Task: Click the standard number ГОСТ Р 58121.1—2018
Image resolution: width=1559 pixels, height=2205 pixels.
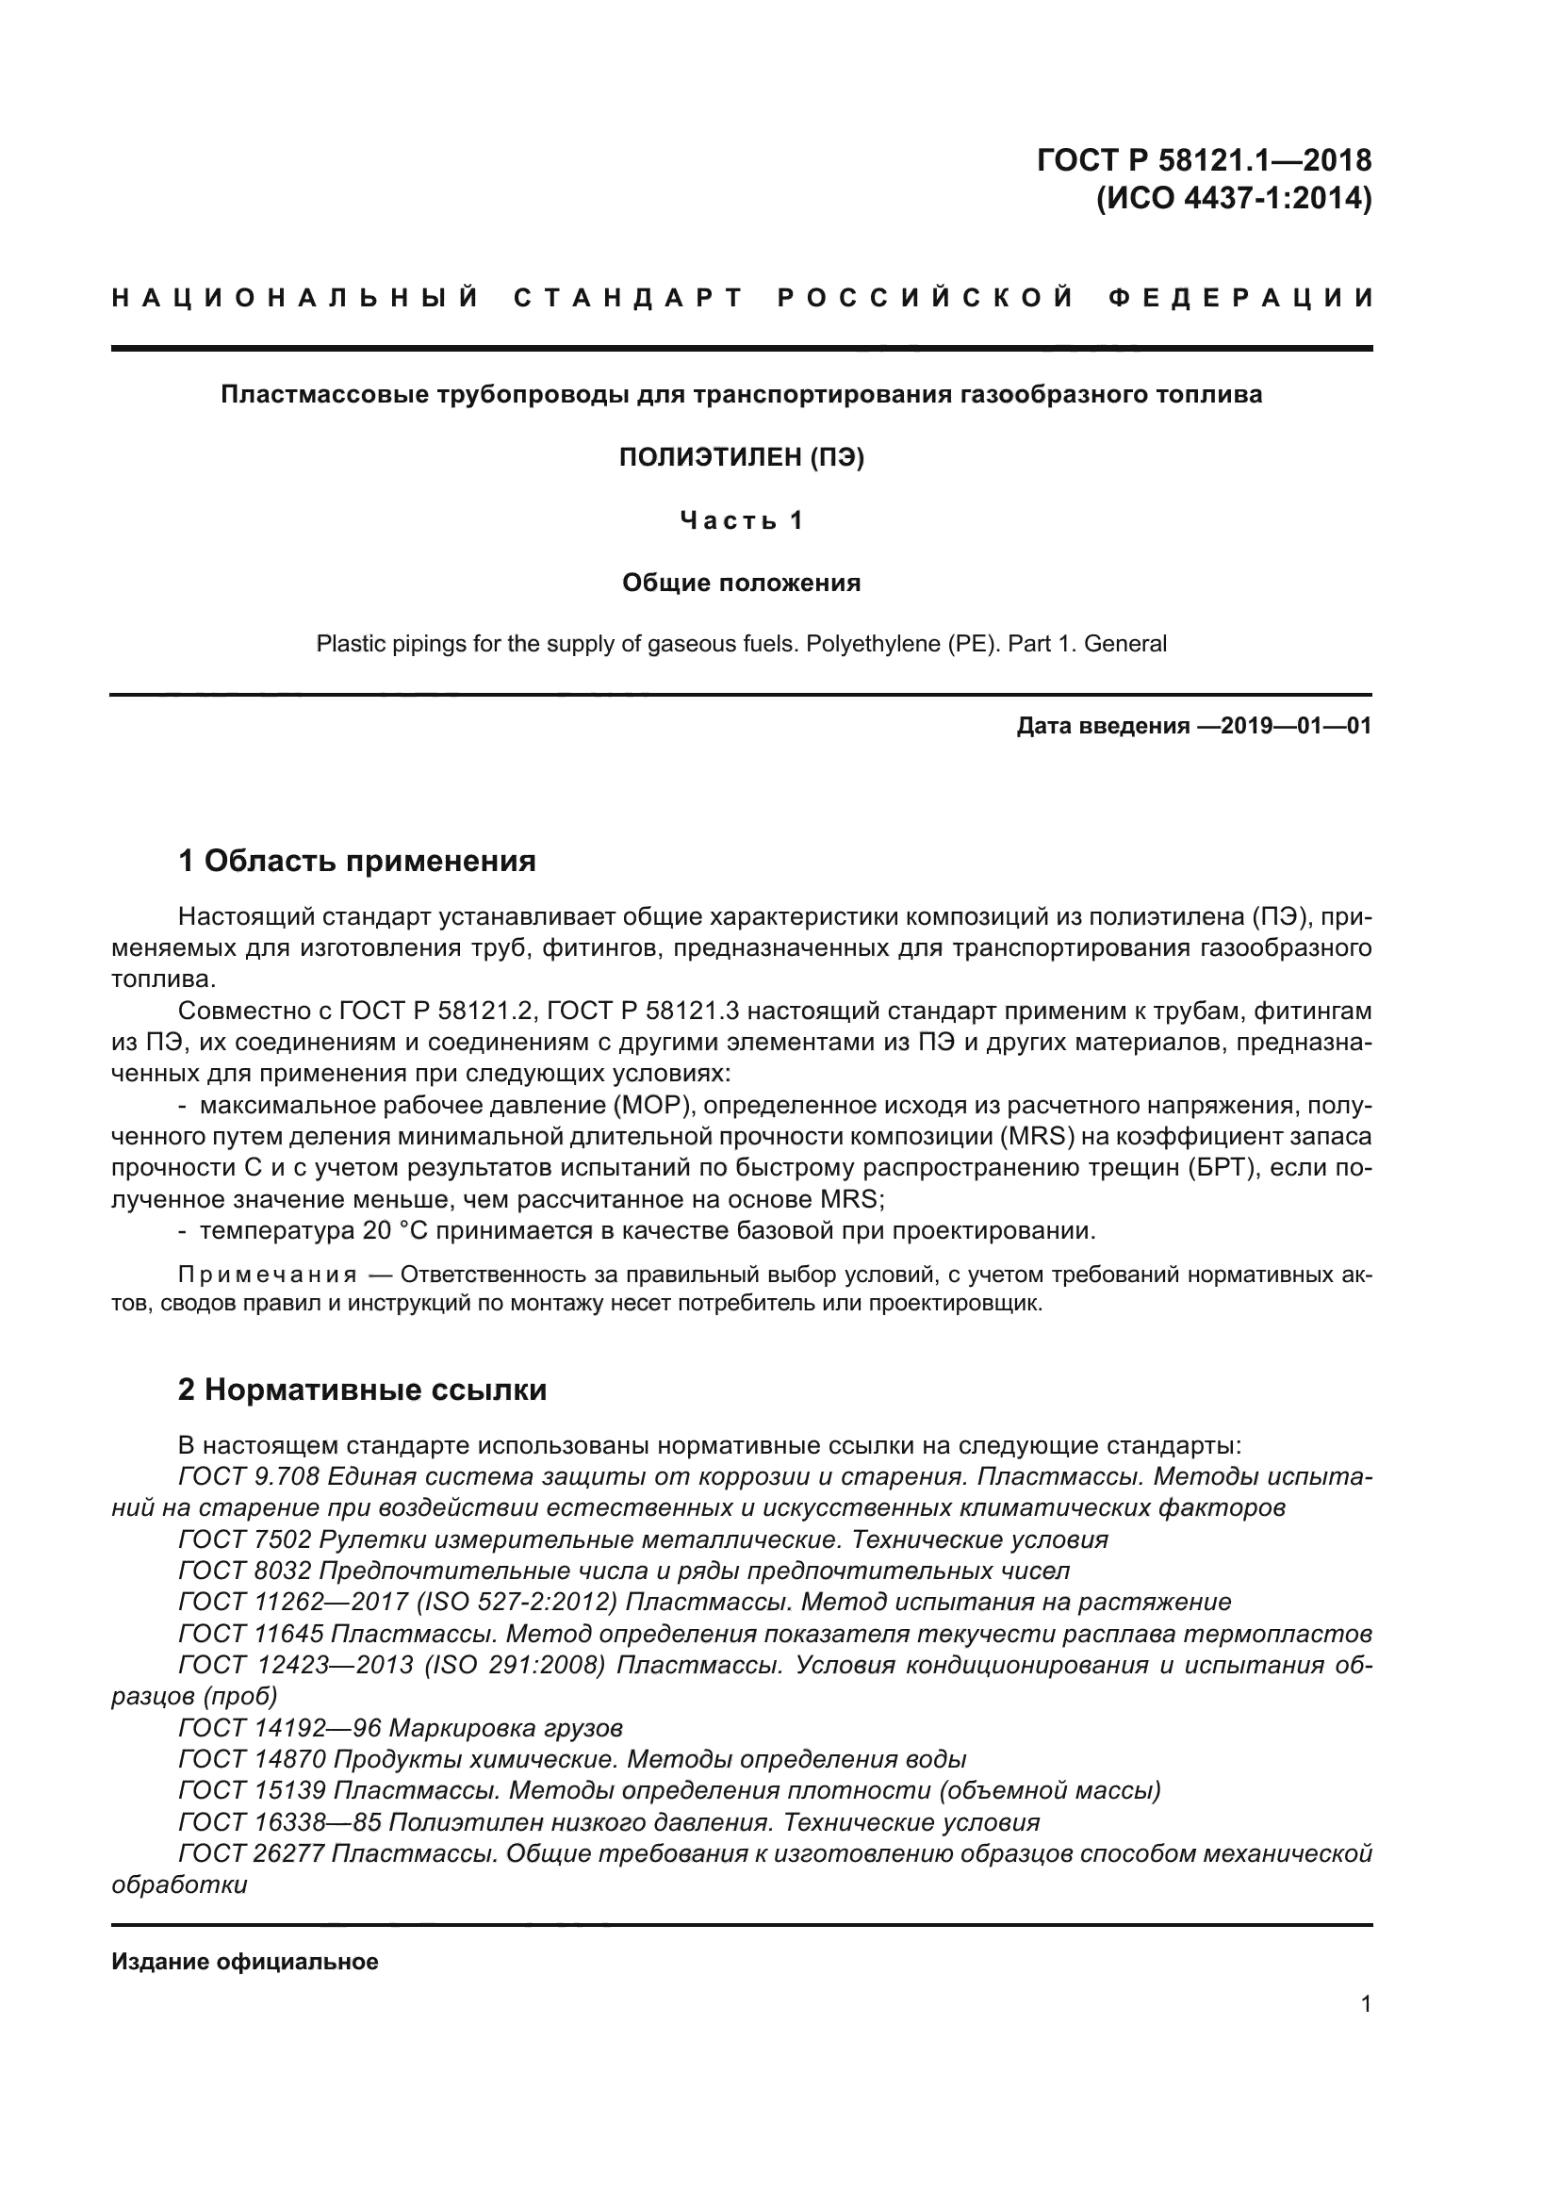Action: click(1204, 159)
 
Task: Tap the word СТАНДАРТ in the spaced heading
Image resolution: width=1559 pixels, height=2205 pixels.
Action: click(628, 298)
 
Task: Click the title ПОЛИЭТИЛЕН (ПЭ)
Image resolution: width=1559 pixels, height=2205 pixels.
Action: click(741, 458)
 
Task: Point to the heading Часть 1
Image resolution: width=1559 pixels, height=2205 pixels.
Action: click(741, 520)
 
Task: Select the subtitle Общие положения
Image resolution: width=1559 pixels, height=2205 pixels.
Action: click(741, 583)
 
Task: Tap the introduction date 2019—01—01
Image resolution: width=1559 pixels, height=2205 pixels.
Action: click(1296, 726)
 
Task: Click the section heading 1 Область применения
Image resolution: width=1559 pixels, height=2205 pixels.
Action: click(357, 861)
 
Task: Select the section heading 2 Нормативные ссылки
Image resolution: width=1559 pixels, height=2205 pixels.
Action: click(363, 1390)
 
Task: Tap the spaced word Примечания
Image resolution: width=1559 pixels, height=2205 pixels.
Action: click(268, 1275)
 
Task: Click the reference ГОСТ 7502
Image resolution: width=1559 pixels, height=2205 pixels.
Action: click(245, 1539)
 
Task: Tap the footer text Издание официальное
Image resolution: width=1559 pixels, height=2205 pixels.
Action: click(245, 1962)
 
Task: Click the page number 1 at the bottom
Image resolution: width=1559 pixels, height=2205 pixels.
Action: click(1366, 2003)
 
